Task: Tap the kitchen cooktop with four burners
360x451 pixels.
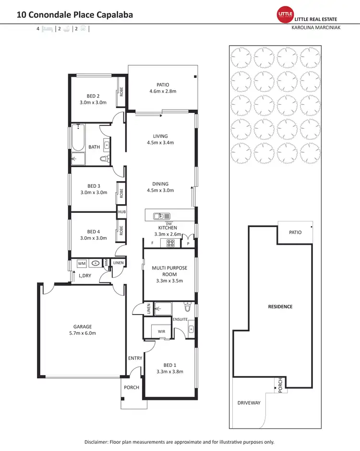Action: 170,244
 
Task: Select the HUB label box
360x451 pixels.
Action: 121,212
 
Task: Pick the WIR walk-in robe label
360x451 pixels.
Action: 161,331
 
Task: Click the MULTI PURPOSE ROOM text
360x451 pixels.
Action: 169,268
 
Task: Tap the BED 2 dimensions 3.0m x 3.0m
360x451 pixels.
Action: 93,102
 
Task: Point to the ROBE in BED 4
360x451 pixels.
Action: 121,229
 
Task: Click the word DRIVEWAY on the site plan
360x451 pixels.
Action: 249,403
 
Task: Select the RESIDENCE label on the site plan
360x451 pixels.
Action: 280,306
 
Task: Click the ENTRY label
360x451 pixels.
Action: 135,358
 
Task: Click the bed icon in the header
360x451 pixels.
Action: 47,29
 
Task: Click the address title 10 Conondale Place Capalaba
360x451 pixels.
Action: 75,14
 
